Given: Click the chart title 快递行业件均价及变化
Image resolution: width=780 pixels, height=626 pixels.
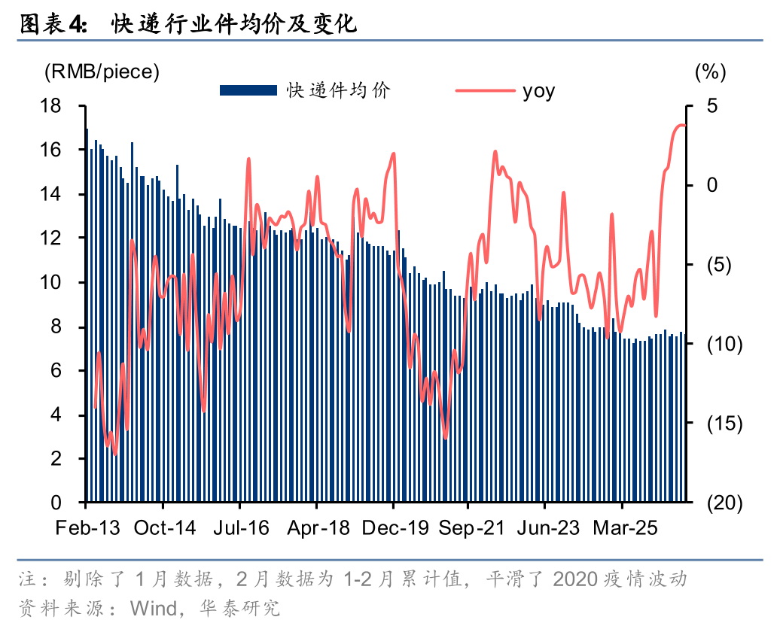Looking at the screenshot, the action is [233, 23].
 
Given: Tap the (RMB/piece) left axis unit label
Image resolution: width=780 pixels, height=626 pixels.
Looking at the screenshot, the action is [102, 71].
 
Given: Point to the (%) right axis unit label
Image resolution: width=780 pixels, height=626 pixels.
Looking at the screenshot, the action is [711, 71].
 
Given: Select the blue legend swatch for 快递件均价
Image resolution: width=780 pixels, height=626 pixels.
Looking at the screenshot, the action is [248, 90].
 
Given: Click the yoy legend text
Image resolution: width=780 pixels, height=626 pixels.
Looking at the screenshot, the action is [539, 92].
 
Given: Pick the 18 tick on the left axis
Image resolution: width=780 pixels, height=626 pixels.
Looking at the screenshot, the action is [50, 106].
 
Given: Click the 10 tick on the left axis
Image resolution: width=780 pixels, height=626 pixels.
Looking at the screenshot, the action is [50, 282].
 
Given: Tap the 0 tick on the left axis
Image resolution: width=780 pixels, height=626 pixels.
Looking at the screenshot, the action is [56, 503].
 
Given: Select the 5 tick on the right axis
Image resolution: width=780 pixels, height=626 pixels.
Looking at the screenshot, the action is [712, 106].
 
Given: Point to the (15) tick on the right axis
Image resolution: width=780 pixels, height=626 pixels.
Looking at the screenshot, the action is [724, 424].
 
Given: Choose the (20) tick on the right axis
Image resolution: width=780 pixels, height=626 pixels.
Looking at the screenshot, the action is [724, 503].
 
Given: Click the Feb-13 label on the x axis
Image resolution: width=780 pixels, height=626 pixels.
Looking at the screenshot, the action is [87, 527].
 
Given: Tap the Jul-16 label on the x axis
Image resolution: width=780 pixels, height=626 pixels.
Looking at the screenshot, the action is [241, 527].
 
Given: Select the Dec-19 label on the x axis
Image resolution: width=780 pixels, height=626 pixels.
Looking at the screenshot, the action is [395, 527].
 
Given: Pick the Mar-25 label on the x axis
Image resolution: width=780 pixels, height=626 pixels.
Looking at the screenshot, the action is [626, 527].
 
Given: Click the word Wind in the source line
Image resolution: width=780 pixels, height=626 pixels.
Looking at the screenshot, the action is [154, 608].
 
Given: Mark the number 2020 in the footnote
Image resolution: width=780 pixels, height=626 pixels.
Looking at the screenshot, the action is [575, 579].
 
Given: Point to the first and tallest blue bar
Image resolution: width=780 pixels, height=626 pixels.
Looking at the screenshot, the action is [87, 315].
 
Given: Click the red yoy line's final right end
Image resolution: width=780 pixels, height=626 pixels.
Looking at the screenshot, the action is [685, 126].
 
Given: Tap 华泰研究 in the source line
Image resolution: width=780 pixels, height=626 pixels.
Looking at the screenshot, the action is [239, 608].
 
